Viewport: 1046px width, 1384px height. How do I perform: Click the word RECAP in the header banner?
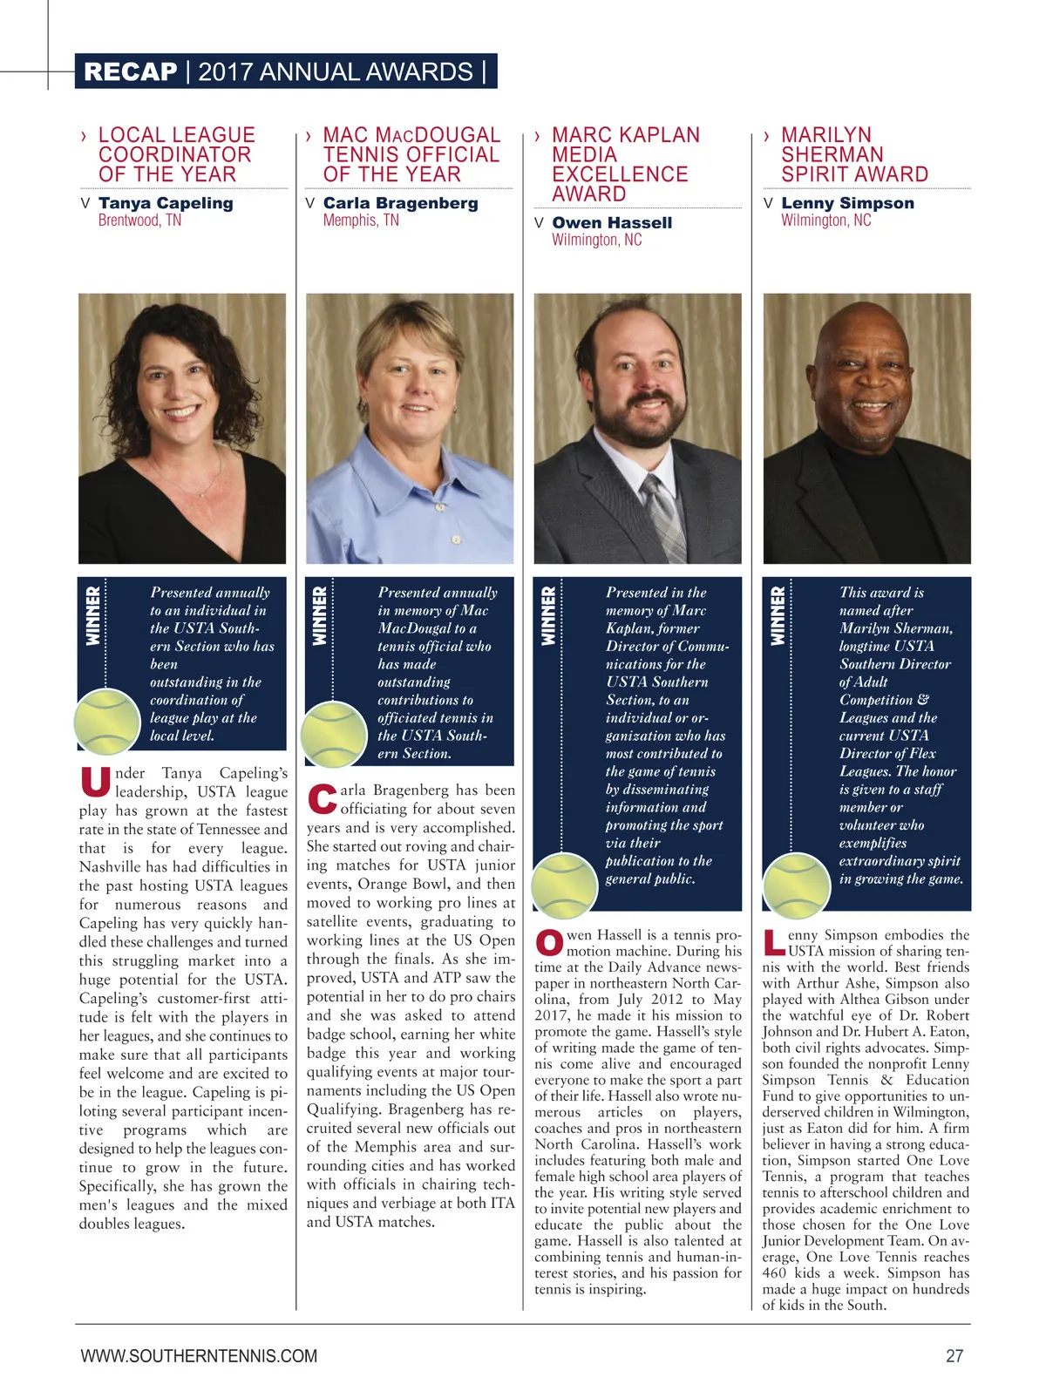tap(130, 71)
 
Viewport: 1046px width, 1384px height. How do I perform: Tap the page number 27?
tap(954, 1356)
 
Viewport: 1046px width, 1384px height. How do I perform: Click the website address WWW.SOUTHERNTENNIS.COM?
tap(199, 1356)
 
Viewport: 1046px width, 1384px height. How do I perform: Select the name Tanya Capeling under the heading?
tap(166, 203)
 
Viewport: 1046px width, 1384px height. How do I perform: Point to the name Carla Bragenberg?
tap(400, 203)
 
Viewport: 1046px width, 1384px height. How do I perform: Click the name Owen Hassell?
tap(612, 222)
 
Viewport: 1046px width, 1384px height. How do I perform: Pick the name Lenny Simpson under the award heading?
tap(847, 203)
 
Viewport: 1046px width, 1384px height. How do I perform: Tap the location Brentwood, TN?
tap(139, 220)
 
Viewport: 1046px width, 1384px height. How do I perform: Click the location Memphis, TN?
tap(361, 220)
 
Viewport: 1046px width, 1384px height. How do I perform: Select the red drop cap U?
tap(95, 782)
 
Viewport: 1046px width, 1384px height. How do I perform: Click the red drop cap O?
tap(549, 943)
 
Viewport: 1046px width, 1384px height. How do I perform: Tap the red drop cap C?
tap(323, 799)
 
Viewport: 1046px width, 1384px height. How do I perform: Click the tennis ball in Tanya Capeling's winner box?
tap(107, 722)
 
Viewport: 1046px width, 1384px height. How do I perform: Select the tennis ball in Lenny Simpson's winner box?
tap(796, 885)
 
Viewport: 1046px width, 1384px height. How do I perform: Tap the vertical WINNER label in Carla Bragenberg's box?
tap(320, 615)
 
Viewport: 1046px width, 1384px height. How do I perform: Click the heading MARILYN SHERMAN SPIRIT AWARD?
tap(854, 154)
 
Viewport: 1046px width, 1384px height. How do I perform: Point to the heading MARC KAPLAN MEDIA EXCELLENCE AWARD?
tap(625, 164)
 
